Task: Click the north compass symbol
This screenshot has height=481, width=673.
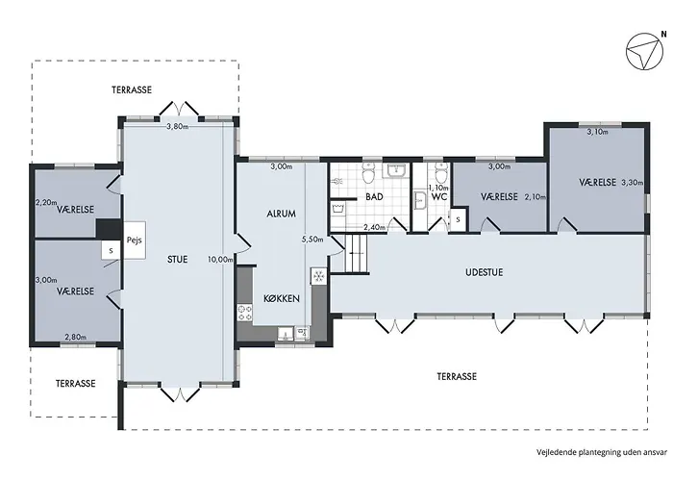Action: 642,52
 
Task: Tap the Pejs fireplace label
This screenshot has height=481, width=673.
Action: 134,240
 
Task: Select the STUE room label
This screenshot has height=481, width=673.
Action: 178,260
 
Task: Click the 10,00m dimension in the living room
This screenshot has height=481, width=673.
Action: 220,260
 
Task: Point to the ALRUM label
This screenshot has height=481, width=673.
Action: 281,214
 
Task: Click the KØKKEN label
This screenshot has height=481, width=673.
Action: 282,298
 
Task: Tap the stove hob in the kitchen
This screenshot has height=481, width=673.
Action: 244,313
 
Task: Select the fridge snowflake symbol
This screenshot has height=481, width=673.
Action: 318,277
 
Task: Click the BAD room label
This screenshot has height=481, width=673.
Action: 374,197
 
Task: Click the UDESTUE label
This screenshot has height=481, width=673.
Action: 485,272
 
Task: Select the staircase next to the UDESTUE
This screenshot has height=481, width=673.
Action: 357,253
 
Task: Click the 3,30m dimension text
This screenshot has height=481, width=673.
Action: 633,183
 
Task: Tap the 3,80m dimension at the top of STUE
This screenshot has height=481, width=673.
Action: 178,126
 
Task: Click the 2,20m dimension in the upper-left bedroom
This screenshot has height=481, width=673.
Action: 46,202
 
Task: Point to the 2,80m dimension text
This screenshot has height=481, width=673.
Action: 76,337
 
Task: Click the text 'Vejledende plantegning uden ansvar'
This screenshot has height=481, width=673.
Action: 602,452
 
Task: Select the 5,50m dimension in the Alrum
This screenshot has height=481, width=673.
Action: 312,240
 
